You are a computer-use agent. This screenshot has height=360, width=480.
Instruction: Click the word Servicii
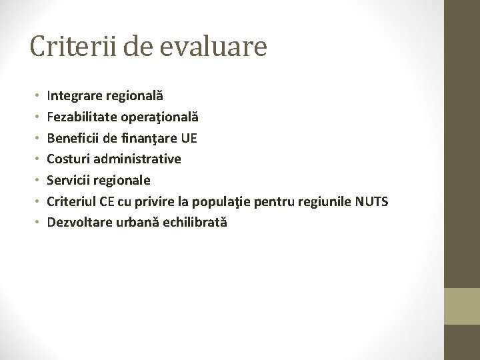point(69,180)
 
